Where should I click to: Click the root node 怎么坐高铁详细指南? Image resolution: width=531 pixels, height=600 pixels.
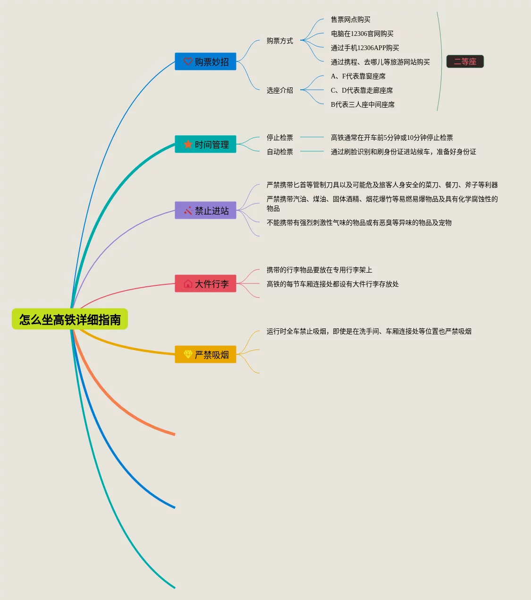70,319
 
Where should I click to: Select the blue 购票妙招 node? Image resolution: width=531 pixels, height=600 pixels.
206,61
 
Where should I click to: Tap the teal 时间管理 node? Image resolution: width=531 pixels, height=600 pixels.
206,144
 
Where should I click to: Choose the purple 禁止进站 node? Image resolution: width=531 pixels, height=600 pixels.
206,210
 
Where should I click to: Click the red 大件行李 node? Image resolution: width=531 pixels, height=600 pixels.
206,283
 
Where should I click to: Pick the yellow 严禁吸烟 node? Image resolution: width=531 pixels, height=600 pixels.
206,354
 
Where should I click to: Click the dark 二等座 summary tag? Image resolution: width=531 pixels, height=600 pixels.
465,61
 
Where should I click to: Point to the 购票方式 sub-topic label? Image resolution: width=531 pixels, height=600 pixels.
279,41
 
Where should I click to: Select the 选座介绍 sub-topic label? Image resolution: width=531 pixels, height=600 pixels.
279,90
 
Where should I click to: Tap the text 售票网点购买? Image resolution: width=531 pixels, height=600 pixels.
350,19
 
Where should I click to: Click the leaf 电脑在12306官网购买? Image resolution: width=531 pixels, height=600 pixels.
362,34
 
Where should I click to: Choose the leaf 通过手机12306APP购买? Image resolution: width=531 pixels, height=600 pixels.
365,48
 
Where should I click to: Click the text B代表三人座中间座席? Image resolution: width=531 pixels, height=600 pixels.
362,104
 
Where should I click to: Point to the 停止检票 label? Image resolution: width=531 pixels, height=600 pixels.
279,137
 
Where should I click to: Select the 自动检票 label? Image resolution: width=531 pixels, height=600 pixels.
279,152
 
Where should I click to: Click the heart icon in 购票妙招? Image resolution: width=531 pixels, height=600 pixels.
188,61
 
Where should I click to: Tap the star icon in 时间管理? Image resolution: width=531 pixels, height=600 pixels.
188,144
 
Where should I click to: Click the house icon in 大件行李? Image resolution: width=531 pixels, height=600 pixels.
188,283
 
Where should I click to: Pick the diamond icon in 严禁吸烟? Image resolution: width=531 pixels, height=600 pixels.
188,354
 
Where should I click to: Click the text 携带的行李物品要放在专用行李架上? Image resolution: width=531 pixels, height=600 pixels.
319,270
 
